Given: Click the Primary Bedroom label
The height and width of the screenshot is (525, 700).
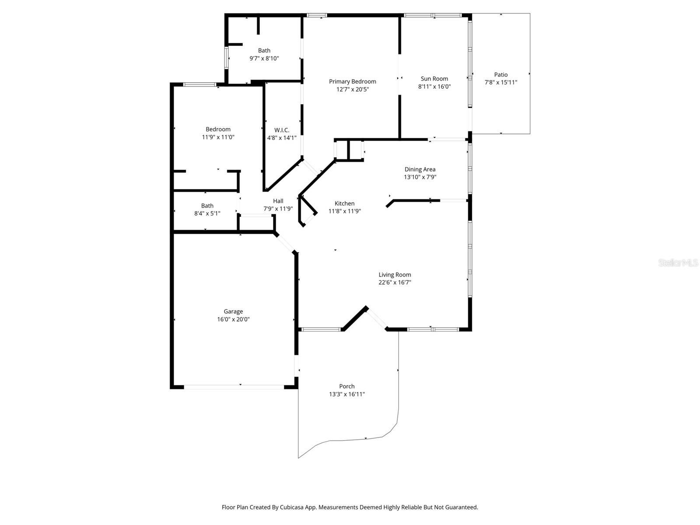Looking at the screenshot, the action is click(x=352, y=82).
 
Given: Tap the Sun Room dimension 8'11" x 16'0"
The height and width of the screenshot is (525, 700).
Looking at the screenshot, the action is click(x=434, y=86).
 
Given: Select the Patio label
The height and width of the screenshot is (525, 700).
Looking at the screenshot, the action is click(x=500, y=74).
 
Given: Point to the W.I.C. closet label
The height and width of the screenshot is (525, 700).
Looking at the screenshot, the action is click(x=282, y=130).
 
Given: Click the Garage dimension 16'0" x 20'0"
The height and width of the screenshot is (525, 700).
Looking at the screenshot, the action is click(x=233, y=319).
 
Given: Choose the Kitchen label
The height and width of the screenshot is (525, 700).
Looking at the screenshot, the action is click(x=344, y=203).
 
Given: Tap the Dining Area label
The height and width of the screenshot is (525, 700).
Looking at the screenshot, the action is click(x=420, y=169).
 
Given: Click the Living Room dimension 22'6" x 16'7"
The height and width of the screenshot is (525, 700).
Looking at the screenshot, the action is click(x=395, y=283).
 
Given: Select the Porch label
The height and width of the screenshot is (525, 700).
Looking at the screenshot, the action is click(x=346, y=386).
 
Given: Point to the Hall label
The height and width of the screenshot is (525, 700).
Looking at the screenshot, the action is click(x=278, y=201).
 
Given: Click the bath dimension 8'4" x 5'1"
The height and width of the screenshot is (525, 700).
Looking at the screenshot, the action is click(x=207, y=213).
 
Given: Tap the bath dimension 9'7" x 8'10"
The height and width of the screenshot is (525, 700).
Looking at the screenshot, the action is click(x=264, y=58).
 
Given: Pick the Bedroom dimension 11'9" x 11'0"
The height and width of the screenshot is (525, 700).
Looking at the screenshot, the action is click(x=218, y=137).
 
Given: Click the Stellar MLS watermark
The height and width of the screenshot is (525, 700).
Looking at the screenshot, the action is click(x=678, y=262).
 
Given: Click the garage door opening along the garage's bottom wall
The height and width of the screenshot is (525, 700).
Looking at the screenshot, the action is click(x=234, y=387).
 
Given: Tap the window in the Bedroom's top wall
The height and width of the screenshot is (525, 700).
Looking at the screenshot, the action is click(x=199, y=84).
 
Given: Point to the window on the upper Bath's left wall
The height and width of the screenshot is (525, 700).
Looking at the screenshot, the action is click(x=226, y=58).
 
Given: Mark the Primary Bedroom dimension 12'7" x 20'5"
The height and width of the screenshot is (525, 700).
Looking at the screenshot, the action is click(x=352, y=90).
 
